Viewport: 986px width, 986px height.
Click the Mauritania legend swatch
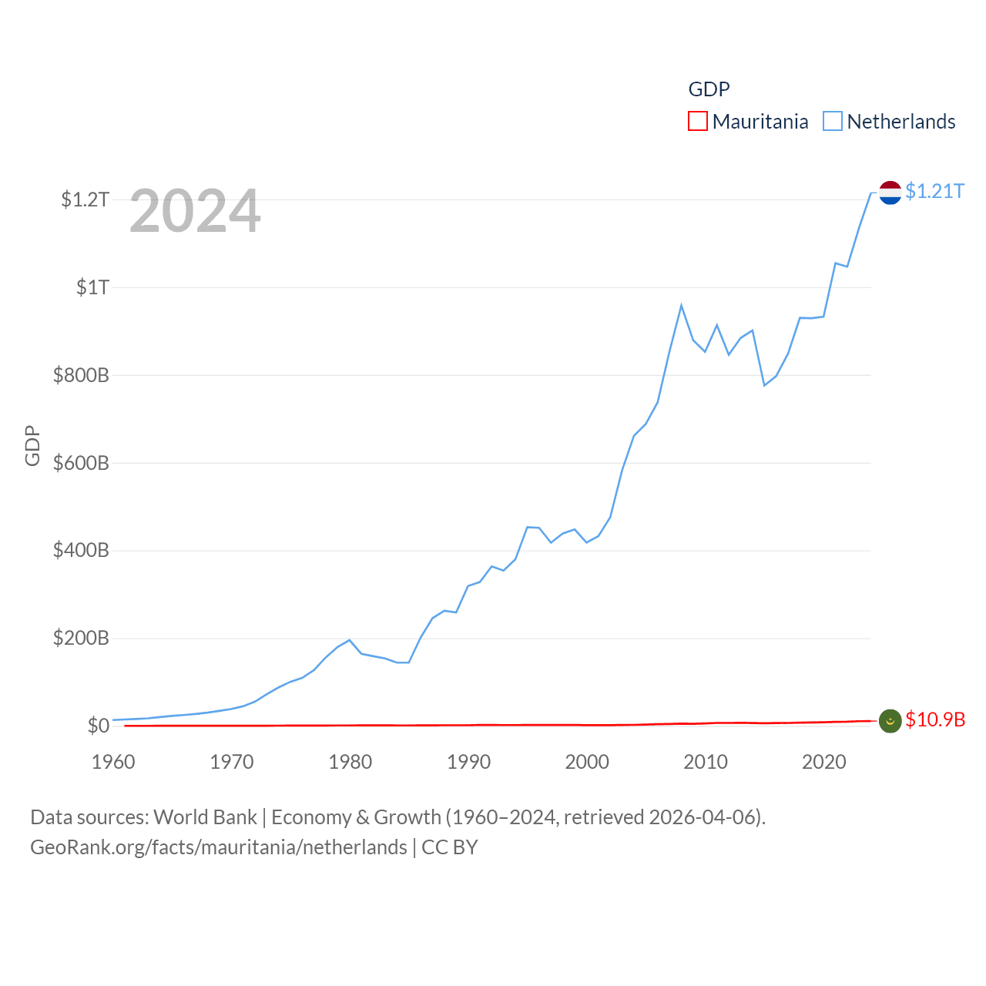coord(697,122)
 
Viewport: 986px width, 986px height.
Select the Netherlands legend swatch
coord(832,122)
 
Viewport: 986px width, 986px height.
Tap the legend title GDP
coord(709,89)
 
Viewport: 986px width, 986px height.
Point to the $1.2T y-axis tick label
coord(85,200)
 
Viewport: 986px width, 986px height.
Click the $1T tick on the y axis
coord(92,287)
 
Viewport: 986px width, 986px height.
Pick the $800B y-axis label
coord(81,375)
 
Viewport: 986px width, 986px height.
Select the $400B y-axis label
coord(81,550)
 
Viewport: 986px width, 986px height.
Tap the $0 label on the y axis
coord(98,726)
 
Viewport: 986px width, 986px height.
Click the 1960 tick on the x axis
coord(113,762)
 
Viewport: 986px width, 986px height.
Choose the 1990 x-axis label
coord(468,762)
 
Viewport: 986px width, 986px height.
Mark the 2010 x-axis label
coord(706,762)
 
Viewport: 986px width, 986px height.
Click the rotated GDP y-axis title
coord(32,445)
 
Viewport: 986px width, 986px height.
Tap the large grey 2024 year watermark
coord(195,211)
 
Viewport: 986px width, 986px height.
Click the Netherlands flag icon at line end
coord(890,193)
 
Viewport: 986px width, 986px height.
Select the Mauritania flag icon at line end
coord(890,721)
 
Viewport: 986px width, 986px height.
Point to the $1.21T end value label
coord(934,191)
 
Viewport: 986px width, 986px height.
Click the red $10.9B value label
coord(935,719)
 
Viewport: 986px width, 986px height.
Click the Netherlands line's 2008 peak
coord(681,306)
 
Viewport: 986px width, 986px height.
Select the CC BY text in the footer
coord(450,847)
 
